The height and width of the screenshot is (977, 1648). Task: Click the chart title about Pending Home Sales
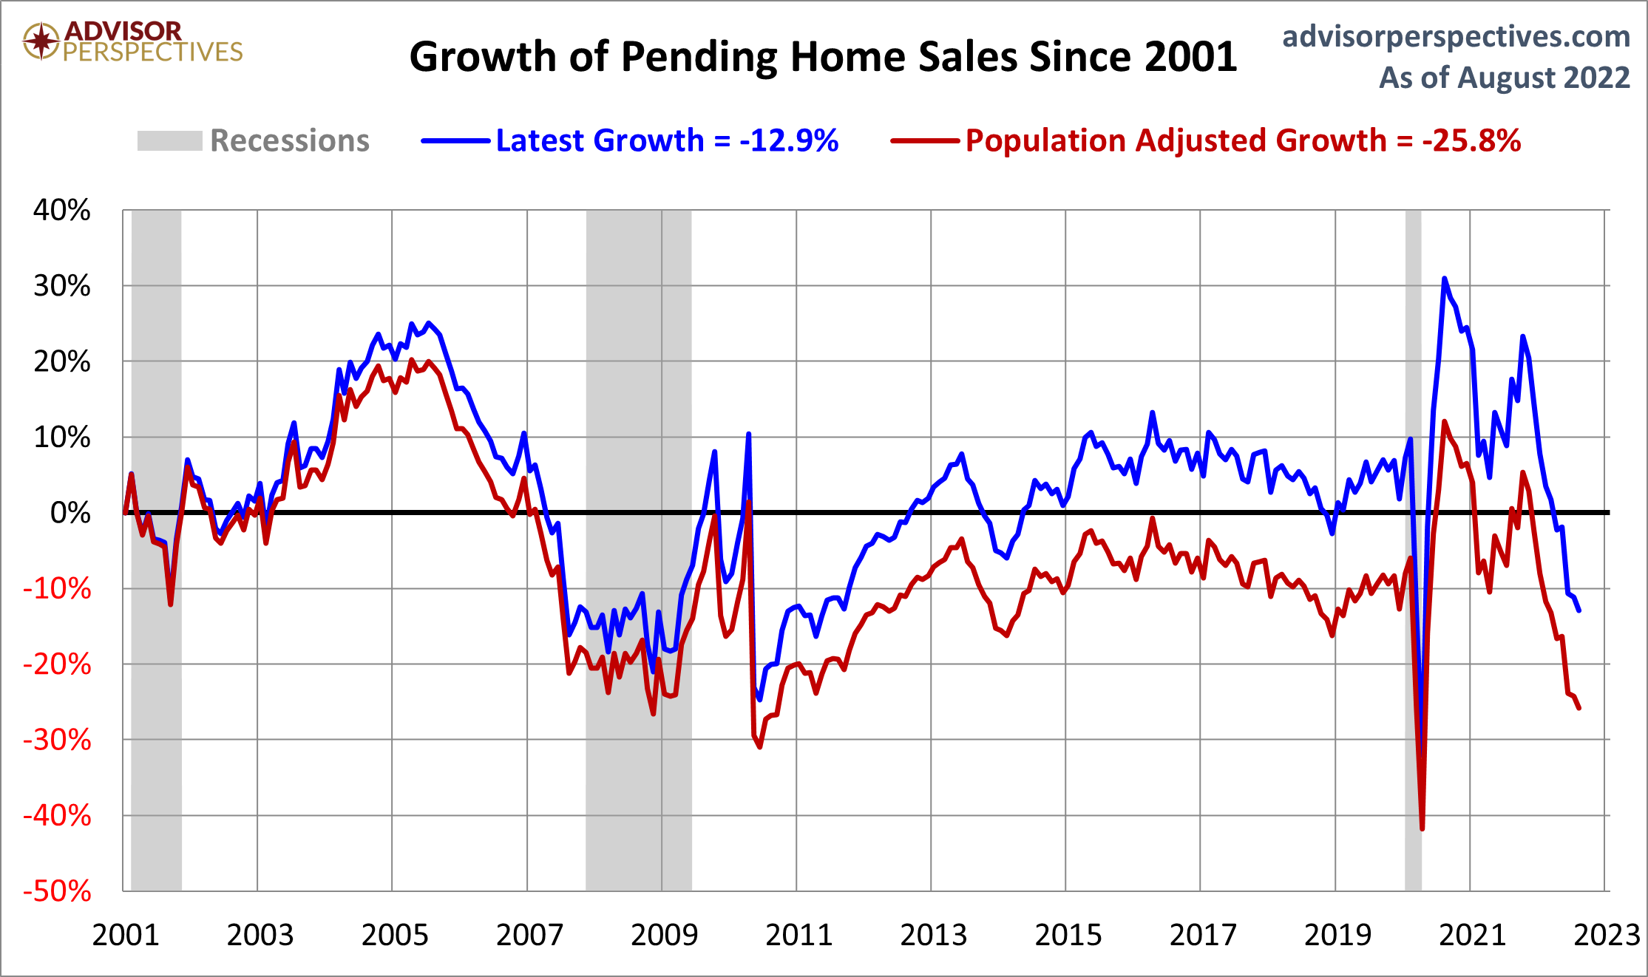823,57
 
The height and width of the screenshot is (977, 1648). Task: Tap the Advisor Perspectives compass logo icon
41,41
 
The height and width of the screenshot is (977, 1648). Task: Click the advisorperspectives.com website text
1456,36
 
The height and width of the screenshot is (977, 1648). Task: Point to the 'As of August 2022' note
1504,78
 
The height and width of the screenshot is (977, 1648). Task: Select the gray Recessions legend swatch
169,140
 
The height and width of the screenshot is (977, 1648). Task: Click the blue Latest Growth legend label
666,140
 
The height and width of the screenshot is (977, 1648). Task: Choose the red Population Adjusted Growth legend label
1243,140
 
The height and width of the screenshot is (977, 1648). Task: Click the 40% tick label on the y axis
62,211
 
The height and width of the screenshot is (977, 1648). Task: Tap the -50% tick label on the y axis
58,891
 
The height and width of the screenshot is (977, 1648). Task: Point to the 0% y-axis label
70,513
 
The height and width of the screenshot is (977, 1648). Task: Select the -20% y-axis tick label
58,664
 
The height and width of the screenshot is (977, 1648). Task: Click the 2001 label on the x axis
126,936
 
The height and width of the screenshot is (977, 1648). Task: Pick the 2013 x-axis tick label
933,936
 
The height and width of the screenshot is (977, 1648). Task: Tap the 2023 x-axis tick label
1607,936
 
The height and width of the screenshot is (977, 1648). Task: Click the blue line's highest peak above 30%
1444,279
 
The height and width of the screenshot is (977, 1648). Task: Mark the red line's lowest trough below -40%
1422,828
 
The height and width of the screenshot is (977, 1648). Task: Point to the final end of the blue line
1579,610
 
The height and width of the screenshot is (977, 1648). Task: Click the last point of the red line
1579,708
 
